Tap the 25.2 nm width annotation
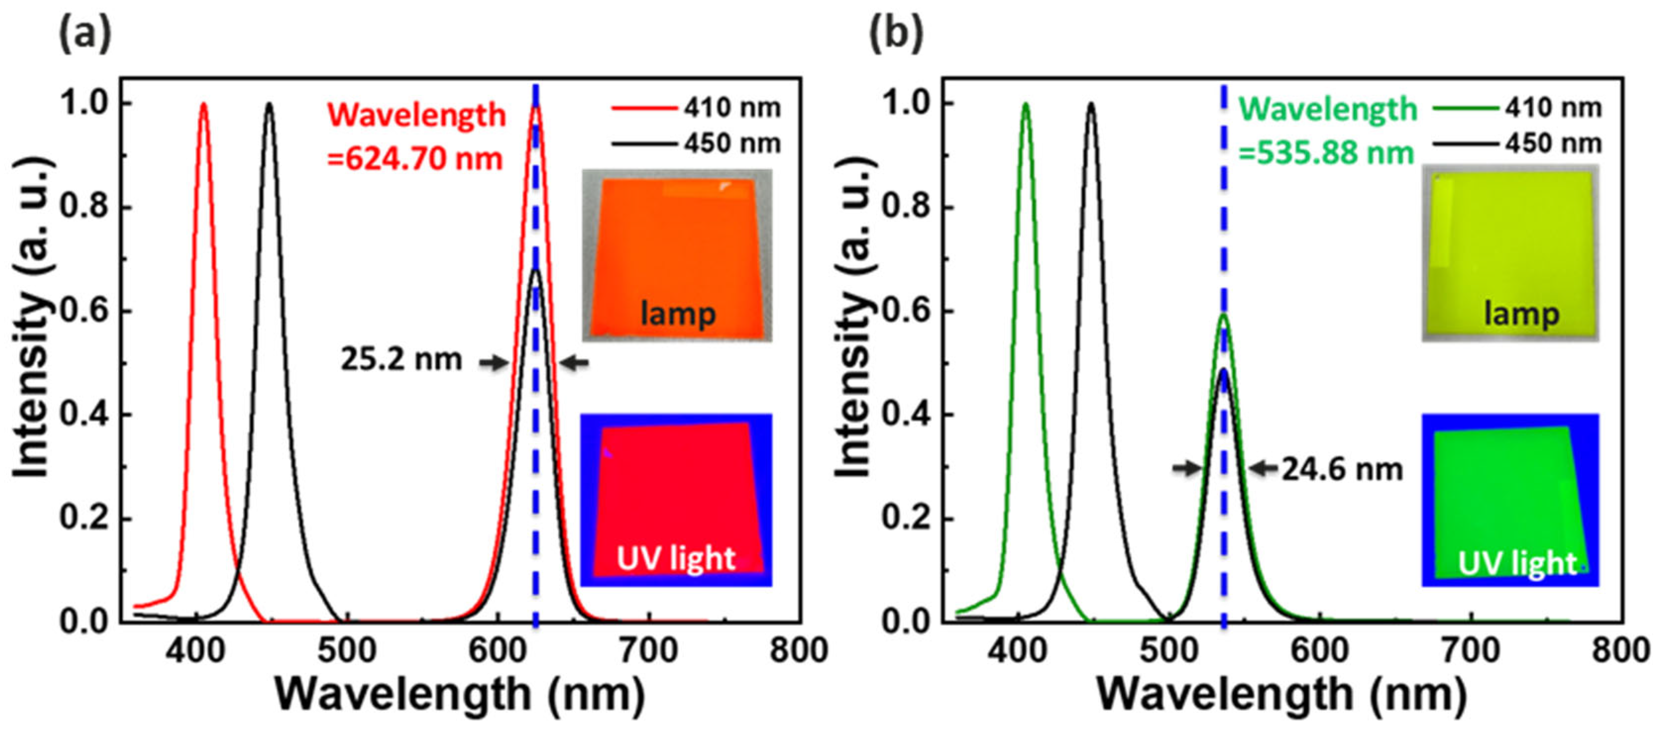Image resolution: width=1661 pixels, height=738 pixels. click(x=401, y=360)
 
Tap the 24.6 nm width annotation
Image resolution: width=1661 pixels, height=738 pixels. click(x=1342, y=469)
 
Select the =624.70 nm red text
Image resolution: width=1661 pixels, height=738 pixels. click(x=415, y=158)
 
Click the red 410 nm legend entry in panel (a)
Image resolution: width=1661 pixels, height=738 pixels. click(x=697, y=107)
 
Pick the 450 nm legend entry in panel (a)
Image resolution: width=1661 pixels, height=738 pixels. click(x=697, y=143)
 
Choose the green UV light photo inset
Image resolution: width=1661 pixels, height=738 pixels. click(x=1510, y=500)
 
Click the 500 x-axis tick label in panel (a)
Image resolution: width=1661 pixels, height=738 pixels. click(x=346, y=651)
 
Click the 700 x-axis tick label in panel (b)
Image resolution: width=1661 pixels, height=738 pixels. click(x=1471, y=651)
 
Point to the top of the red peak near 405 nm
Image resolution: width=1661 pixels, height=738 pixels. click(x=204, y=104)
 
